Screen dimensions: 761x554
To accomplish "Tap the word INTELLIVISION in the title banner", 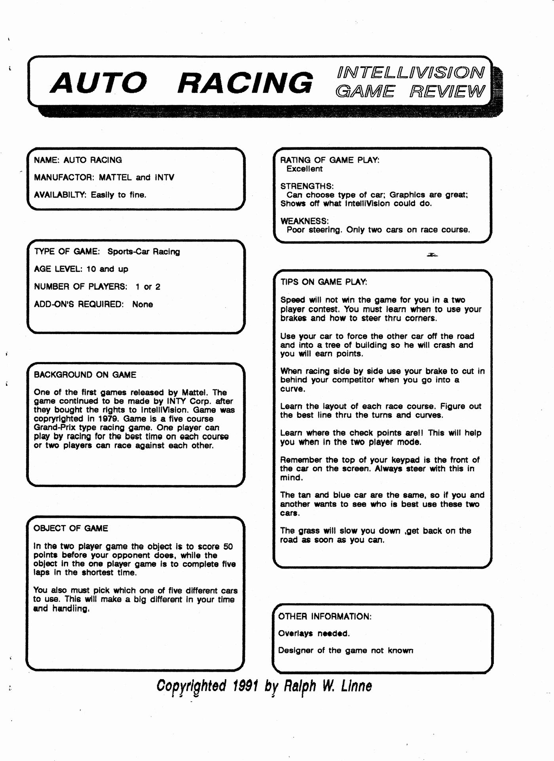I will pyautogui.click(x=410, y=73).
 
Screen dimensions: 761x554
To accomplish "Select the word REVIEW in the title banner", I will pyautogui.click(x=447, y=92).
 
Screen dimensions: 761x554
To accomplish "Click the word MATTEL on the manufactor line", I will pyautogui.click(x=115, y=178).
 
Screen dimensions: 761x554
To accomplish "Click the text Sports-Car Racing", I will pyautogui.click(x=144, y=252).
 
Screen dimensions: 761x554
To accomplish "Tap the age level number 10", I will pyautogui.click(x=91, y=269).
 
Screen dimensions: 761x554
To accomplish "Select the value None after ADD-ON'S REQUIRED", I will pyautogui.click(x=142, y=304).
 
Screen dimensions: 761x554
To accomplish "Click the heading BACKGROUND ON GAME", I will pyautogui.click(x=85, y=375).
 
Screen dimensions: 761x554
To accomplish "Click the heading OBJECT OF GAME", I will pyautogui.click(x=71, y=529).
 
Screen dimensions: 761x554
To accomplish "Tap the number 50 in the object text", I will pyautogui.click(x=228, y=547).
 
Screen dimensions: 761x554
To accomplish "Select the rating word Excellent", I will pyautogui.click(x=304, y=169).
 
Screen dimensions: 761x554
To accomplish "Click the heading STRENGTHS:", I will pyautogui.click(x=307, y=186).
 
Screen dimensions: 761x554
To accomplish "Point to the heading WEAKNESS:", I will pyautogui.click(x=304, y=221).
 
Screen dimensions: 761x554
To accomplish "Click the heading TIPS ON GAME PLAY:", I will pyautogui.click(x=324, y=282).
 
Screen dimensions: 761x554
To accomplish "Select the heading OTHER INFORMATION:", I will pyautogui.click(x=325, y=616).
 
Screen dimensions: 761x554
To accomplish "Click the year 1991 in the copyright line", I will pyautogui.click(x=246, y=686).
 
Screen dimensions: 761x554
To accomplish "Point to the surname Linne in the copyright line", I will pyautogui.click(x=356, y=686).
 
